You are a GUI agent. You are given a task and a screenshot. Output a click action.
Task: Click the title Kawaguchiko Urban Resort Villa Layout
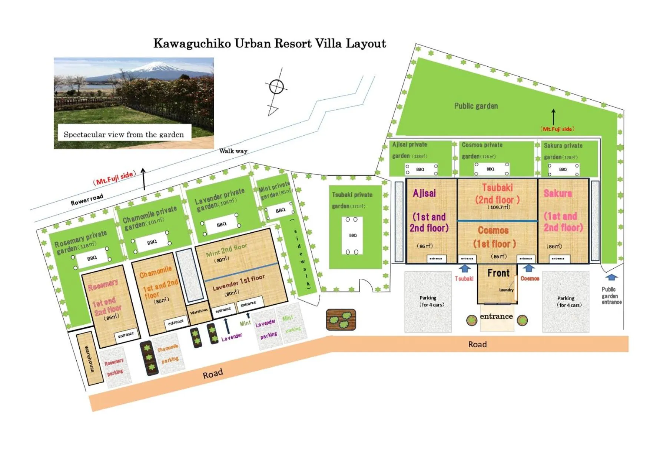point(269,44)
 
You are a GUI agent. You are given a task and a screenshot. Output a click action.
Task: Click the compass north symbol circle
point(276,87)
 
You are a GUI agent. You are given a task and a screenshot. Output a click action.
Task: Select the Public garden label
point(476,106)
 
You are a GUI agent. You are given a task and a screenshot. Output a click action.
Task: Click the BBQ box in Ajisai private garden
point(421,169)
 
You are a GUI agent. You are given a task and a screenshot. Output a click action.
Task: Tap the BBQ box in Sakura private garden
point(563,169)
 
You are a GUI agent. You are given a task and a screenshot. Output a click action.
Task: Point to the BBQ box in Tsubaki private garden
point(352,235)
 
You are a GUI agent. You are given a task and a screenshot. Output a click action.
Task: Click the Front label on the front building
point(498,273)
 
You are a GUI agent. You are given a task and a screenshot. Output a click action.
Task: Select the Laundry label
point(506,290)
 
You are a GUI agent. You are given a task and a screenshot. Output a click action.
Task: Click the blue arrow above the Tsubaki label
point(464,268)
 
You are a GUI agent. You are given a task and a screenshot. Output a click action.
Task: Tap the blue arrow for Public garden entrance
point(611,277)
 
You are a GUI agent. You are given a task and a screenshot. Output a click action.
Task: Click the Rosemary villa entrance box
point(126,335)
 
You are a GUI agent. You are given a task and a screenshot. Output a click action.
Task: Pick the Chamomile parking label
point(169,354)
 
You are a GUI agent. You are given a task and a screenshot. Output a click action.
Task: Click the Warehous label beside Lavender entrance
point(199,311)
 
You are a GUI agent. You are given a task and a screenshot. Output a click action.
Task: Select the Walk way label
point(233,151)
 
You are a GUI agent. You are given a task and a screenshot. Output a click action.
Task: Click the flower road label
point(87,199)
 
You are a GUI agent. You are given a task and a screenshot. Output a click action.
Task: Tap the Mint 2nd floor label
point(226,250)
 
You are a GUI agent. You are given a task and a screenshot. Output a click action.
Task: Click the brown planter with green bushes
point(341,320)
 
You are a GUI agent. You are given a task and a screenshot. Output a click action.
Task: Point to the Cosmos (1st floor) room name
point(494,237)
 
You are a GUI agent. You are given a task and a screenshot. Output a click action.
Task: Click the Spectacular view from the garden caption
point(124,134)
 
